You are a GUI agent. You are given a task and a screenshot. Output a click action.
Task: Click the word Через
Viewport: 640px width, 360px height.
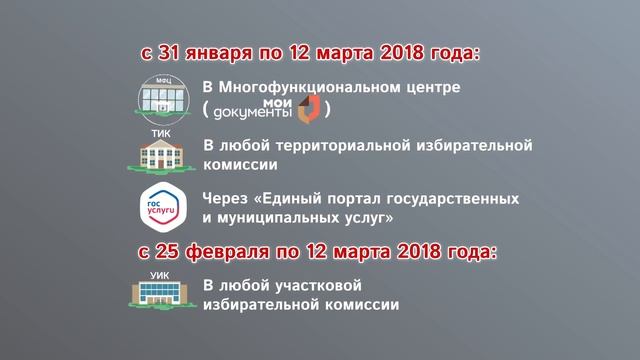point(225,197)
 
